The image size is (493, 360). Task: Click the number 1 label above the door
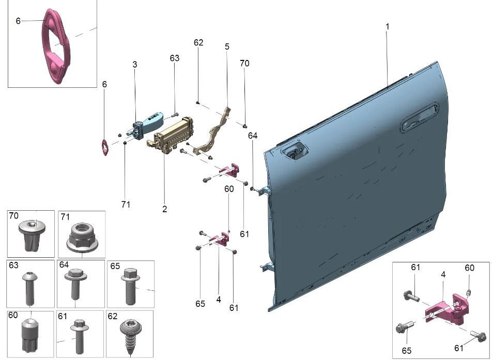click(x=388, y=26)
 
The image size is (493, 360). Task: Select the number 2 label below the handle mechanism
click(x=164, y=209)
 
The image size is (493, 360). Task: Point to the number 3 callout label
click(x=135, y=65)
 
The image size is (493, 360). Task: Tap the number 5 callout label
click(x=227, y=46)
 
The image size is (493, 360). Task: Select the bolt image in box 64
click(x=75, y=283)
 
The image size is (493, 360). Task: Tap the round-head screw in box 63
click(x=29, y=287)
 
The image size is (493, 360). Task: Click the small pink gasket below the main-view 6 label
click(x=105, y=148)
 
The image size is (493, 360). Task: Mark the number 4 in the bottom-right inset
click(x=443, y=275)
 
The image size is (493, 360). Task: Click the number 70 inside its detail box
click(x=13, y=215)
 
